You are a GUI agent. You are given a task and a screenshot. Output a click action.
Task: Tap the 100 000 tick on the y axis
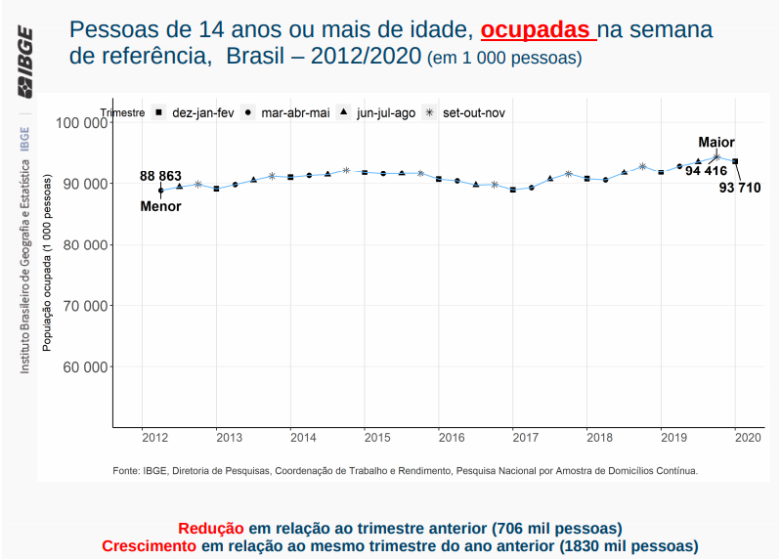[x=81, y=123]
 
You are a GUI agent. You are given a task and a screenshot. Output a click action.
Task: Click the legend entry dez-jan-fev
[x=202, y=113]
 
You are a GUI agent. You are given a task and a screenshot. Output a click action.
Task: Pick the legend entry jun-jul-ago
[x=386, y=113]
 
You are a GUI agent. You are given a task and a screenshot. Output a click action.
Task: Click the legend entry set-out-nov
[x=473, y=113]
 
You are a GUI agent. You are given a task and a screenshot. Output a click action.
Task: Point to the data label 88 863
[x=160, y=176]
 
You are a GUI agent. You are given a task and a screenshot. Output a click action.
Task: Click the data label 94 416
[x=705, y=171]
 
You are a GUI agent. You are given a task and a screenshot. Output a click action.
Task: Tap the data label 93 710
[x=739, y=188]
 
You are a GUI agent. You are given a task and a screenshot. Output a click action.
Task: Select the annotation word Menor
[x=161, y=206]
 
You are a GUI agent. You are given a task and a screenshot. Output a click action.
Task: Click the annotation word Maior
[x=716, y=143]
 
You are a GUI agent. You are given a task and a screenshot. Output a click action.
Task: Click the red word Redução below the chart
[x=211, y=528]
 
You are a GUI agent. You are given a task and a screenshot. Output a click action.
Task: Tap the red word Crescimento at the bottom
[x=150, y=545]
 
